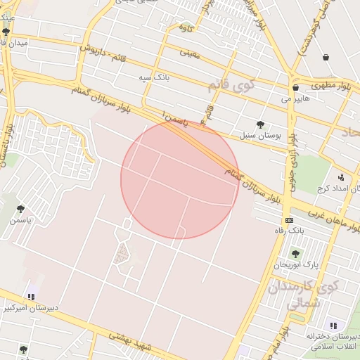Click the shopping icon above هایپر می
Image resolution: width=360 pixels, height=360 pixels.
pos(295,88)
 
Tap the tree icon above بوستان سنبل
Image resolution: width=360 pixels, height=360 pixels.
pos(260,124)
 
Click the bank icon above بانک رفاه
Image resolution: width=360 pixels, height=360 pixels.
pos(288,220)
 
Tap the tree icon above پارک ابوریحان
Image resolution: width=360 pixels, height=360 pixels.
pos(295,254)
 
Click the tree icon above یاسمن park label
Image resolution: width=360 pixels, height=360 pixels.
pos(20,209)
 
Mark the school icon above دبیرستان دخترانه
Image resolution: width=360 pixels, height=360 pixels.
pos(333,326)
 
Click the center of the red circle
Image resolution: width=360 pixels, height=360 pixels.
pos(180,179)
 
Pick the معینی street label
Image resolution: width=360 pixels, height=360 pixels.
pos(191,51)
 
